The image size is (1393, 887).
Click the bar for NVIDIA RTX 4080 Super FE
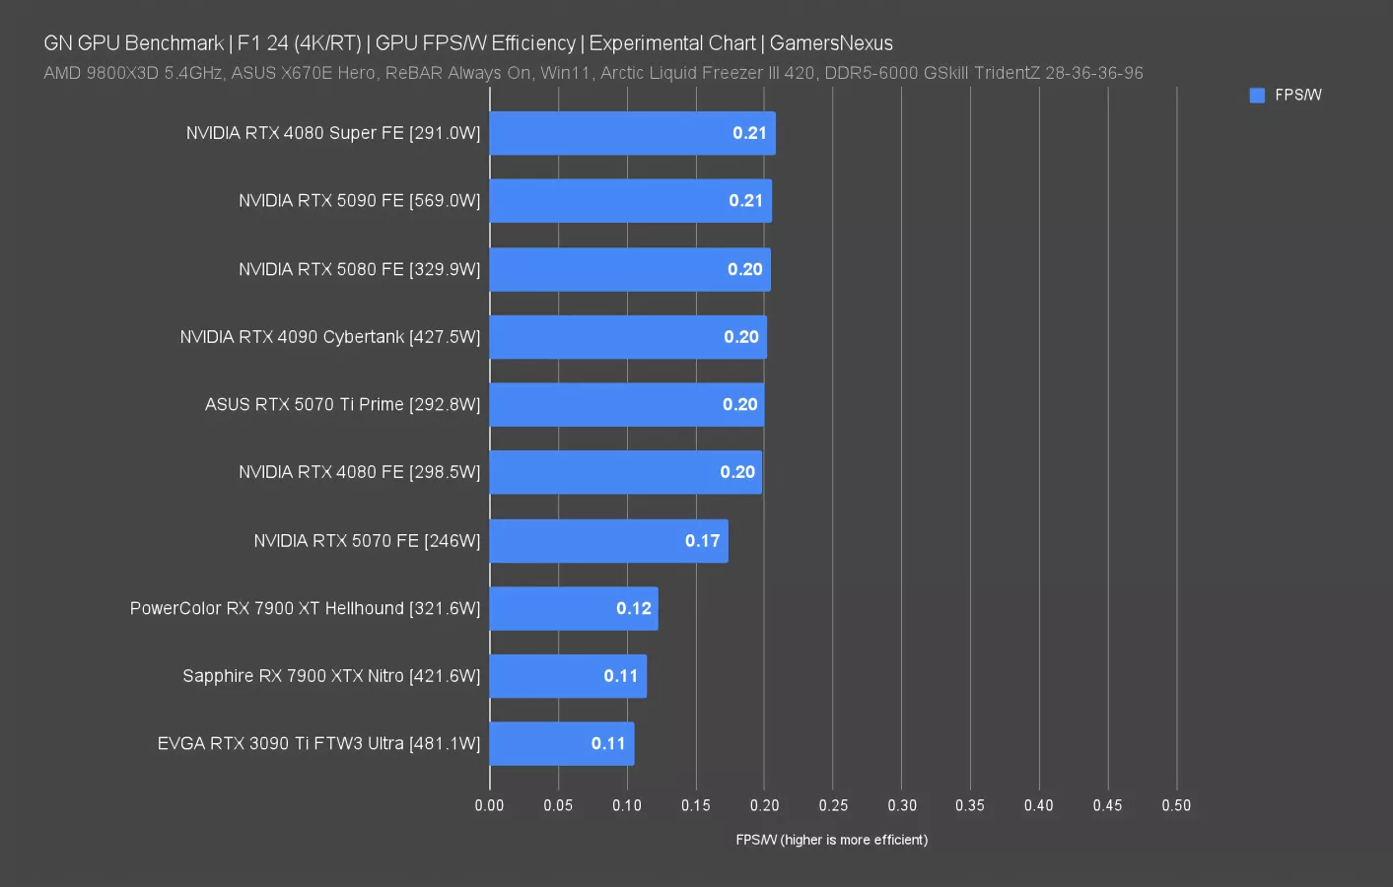[x=632, y=133]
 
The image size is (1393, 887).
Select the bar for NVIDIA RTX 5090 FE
[x=630, y=201]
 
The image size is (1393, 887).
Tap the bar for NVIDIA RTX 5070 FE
[x=608, y=541]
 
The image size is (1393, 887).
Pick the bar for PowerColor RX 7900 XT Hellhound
[x=573, y=609]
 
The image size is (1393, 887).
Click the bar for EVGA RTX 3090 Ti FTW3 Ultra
[x=561, y=744]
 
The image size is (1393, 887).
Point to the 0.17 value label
[x=702, y=541]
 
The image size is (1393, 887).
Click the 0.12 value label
[x=633, y=609]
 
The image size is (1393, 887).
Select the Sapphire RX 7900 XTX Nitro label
[x=331, y=676]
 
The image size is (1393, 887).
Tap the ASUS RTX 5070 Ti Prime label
[x=342, y=405]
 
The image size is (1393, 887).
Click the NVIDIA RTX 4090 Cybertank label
[x=329, y=337]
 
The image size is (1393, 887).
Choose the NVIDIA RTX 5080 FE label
[x=359, y=269]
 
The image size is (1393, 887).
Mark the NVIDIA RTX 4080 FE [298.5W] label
[x=359, y=472]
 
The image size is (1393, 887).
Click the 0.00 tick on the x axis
[x=489, y=805]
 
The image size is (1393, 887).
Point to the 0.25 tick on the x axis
[x=833, y=805]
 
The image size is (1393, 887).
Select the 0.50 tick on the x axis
[x=1175, y=805]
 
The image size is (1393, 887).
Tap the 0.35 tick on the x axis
[x=969, y=805]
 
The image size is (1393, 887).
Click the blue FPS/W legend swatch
[x=1257, y=96]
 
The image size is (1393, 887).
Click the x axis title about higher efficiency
[x=831, y=840]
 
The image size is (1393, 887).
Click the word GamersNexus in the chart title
[x=830, y=43]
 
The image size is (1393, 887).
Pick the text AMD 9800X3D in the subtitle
[x=101, y=73]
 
